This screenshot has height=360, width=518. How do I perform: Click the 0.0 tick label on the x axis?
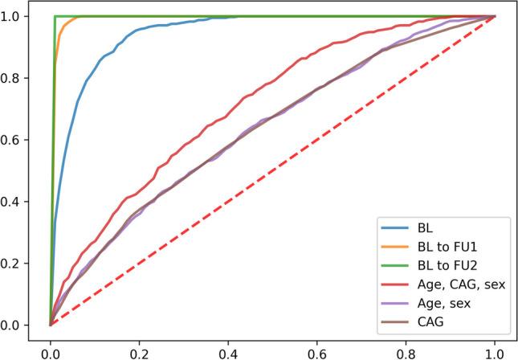(x=50, y=350)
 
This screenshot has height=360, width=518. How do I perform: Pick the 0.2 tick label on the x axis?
(x=139, y=350)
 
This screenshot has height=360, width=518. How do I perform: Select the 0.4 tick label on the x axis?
(x=228, y=350)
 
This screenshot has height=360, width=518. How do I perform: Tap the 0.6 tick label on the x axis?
(x=317, y=350)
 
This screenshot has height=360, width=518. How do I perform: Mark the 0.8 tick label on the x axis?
(x=406, y=350)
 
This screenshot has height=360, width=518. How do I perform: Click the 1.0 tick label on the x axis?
(x=495, y=350)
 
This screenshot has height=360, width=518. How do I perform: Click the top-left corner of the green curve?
(x=55, y=16)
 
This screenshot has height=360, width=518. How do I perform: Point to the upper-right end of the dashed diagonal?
(x=495, y=16)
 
